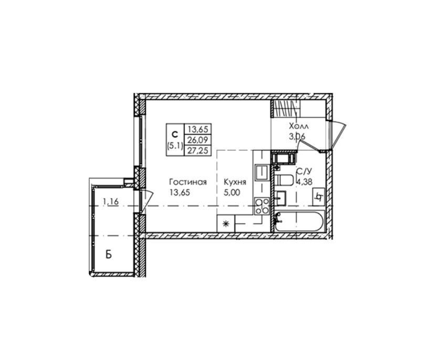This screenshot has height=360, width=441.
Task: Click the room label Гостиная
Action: (x=188, y=182)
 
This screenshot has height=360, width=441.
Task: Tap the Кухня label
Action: (x=235, y=182)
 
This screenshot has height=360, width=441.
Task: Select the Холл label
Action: (x=299, y=126)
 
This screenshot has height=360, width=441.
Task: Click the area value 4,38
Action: (x=304, y=182)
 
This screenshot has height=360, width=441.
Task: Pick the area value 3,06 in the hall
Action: (x=298, y=136)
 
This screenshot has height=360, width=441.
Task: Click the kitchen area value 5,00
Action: (x=232, y=193)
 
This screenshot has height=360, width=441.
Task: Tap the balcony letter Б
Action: (x=109, y=255)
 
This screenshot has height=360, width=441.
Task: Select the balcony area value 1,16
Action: (x=111, y=202)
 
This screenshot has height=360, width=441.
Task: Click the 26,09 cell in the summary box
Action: (x=197, y=140)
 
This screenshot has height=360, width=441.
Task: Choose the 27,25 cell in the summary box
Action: (x=197, y=151)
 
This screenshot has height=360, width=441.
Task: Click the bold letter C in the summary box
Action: (x=175, y=135)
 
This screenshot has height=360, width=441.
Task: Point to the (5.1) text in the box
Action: (x=175, y=145)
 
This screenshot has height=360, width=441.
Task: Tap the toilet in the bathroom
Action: (x=284, y=180)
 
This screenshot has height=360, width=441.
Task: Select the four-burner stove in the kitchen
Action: (x=262, y=206)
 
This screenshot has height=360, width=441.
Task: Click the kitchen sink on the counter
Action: (x=262, y=172)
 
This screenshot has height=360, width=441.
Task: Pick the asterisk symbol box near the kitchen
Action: (x=226, y=224)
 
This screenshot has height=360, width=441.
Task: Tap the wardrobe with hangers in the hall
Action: (x=285, y=109)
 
